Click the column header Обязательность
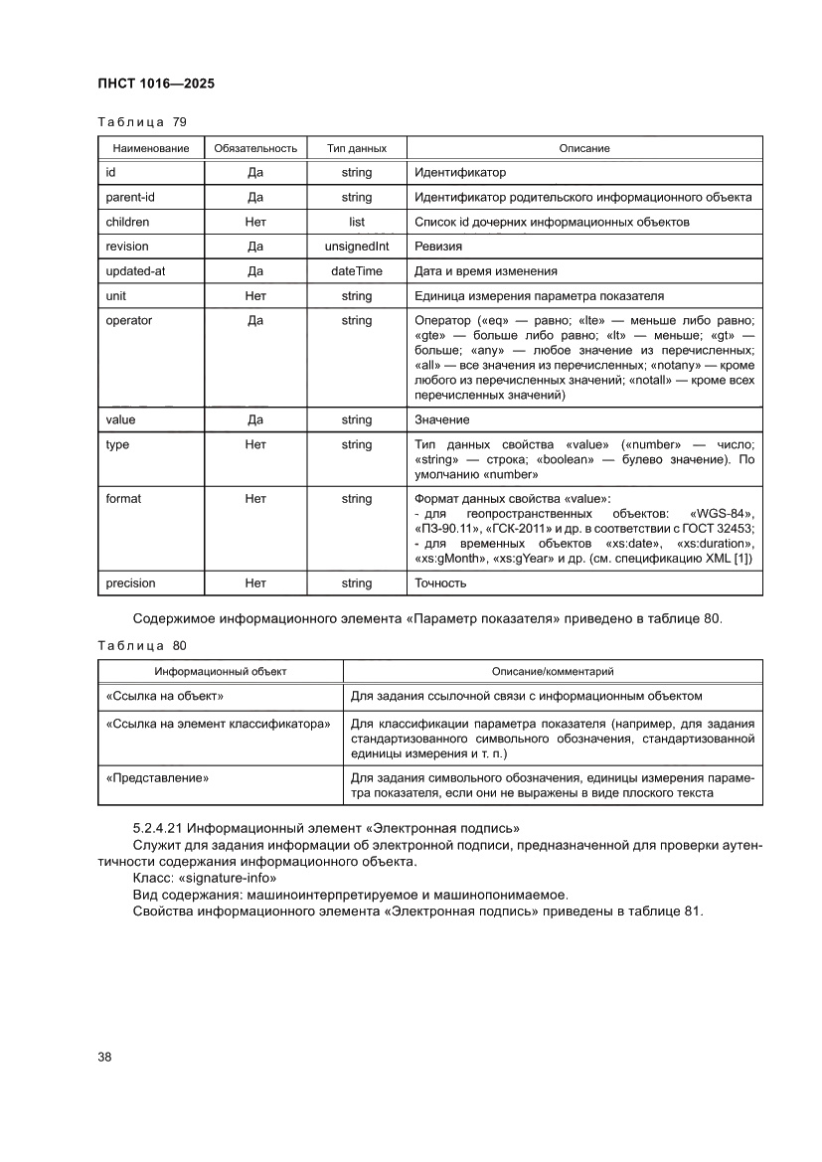pyautogui.click(x=254, y=148)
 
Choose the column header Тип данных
pyautogui.click(x=356, y=148)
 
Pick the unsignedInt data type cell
pyautogui.click(x=356, y=247)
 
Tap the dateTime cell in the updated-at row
pyautogui.click(x=356, y=271)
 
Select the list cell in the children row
pyautogui.click(x=356, y=222)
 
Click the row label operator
pyautogui.click(x=129, y=320)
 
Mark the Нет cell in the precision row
pyautogui.click(x=254, y=583)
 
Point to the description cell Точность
pyautogui.click(x=441, y=583)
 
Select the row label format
pyautogui.click(x=123, y=498)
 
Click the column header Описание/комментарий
pyautogui.click(x=553, y=672)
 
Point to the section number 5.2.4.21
pyautogui.click(x=158, y=828)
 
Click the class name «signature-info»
pyautogui.click(x=228, y=880)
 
